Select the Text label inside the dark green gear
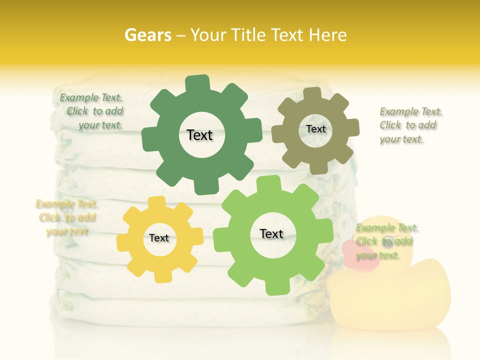pyautogui.click(x=199, y=135)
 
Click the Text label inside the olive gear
pyautogui.click(x=315, y=129)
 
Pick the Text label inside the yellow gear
pyautogui.click(x=159, y=238)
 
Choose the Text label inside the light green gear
pyautogui.click(x=271, y=233)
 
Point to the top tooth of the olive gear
pyautogui.click(x=312, y=94)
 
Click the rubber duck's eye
pyautogui.click(x=387, y=242)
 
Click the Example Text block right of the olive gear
pyautogui.click(x=410, y=125)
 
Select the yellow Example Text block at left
pyautogui.click(x=66, y=217)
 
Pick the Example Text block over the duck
pyautogui.click(x=385, y=241)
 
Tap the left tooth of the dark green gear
pyautogui.click(x=149, y=138)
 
